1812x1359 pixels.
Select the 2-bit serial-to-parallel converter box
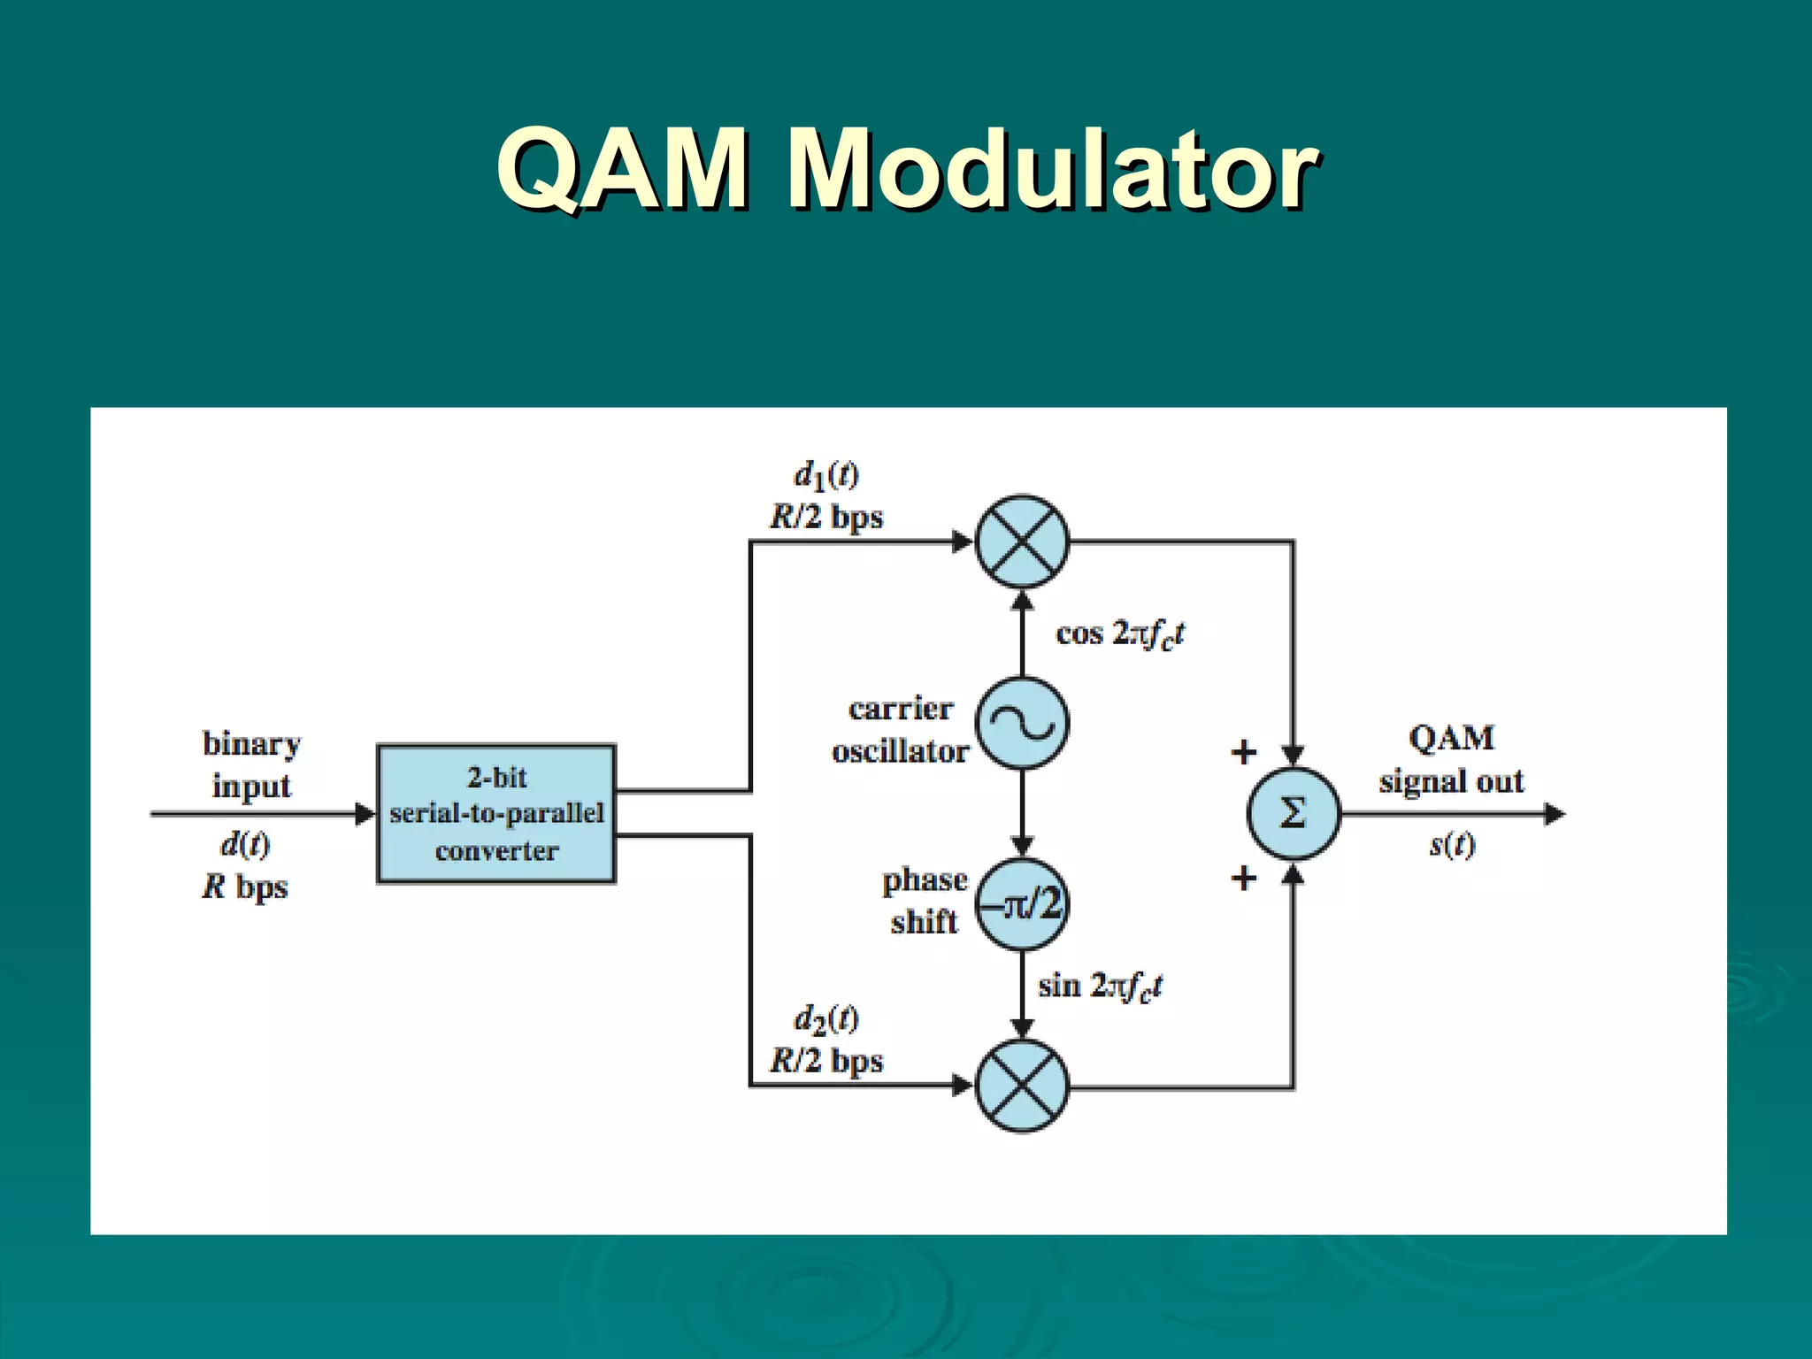[496, 814]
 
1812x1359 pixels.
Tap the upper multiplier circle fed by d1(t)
[1022, 541]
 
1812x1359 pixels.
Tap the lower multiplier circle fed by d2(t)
[1022, 1086]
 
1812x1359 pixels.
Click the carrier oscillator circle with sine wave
[1022, 723]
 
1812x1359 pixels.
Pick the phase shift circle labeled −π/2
[1022, 904]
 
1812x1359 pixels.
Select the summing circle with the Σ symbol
[1293, 813]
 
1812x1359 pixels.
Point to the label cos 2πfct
[1119, 634]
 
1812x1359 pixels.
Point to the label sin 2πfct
[1100, 987]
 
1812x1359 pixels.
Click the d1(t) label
[825, 476]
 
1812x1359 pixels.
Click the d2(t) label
[825, 1019]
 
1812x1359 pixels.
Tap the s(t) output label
[1452, 845]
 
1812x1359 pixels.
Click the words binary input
[251, 764]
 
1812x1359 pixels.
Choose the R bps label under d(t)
[245, 887]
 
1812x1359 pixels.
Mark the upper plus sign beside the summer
[1244, 752]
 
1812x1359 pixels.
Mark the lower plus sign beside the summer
[1244, 879]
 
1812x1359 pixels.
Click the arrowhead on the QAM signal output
[1555, 814]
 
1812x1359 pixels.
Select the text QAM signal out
[1451, 759]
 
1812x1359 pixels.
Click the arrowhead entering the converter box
[365, 814]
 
